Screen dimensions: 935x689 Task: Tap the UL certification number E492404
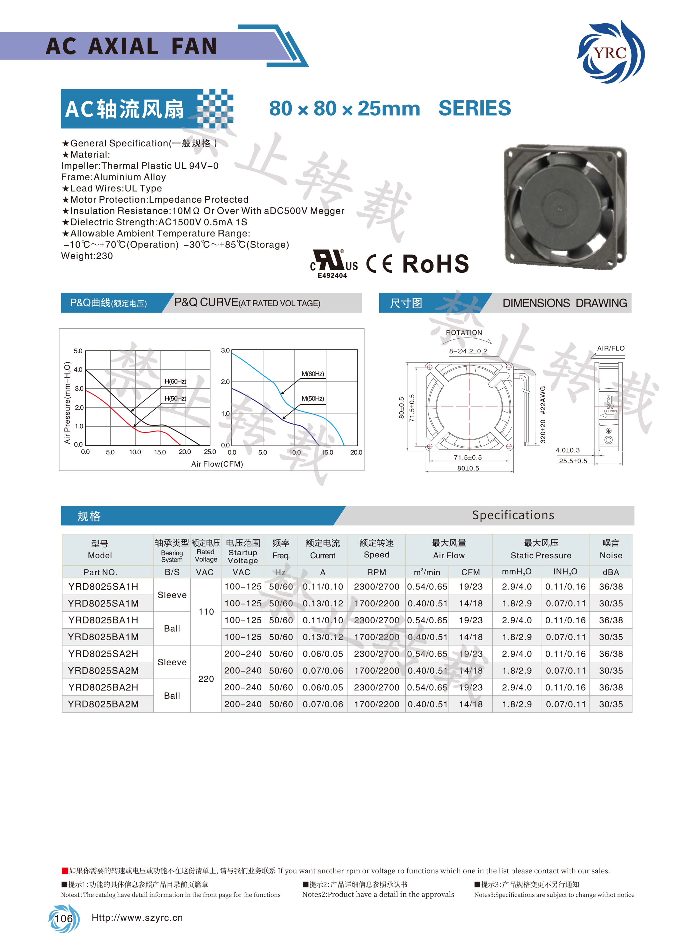pos(332,275)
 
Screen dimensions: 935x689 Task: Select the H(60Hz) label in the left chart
pos(175,381)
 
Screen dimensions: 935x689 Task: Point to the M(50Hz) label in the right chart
pos(312,398)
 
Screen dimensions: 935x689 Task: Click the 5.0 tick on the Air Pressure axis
pos(78,351)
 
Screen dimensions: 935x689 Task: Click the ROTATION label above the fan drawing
pos(464,332)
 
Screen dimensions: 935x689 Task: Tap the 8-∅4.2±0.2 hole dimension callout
pos(468,351)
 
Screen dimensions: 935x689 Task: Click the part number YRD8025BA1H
pos(103,620)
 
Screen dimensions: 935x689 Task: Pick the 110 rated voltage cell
pos(206,611)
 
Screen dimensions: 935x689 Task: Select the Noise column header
pos(611,549)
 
